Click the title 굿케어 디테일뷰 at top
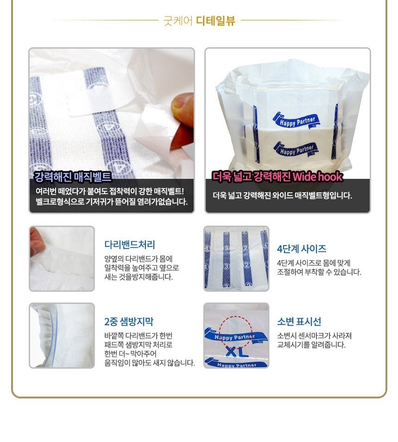click(x=199, y=20)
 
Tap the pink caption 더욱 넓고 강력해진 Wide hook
click(x=277, y=177)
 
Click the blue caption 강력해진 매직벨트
click(x=73, y=177)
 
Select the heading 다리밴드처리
click(x=129, y=245)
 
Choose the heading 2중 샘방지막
click(x=128, y=322)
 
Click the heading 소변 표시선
click(x=299, y=322)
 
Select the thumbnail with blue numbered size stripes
click(x=236, y=259)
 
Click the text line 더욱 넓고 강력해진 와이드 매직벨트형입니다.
click(x=282, y=196)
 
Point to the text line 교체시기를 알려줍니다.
click(x=311, y=345)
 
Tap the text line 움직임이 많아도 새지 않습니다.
click(x=149, y=363)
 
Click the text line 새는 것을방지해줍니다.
click(x=139, y=277)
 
